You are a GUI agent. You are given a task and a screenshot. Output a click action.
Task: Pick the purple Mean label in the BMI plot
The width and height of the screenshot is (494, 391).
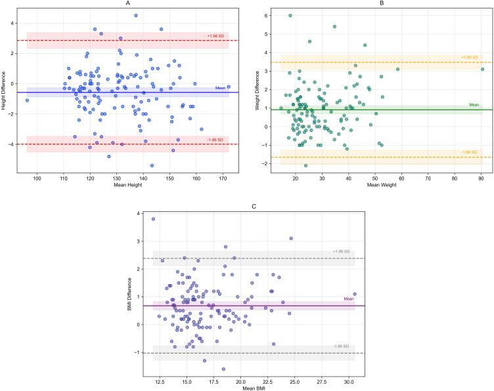(x=348, y=300)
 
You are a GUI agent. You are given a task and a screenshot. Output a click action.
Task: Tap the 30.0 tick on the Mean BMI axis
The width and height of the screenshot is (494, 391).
(x=349, y=378)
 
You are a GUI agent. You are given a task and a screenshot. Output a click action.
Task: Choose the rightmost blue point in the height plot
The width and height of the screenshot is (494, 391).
(x=228, y=86)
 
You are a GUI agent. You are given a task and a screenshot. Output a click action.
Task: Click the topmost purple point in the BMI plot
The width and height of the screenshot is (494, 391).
(x=154, y=219)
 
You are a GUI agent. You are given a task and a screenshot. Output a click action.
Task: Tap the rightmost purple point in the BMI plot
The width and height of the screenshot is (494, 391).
(x=355, y=295)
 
